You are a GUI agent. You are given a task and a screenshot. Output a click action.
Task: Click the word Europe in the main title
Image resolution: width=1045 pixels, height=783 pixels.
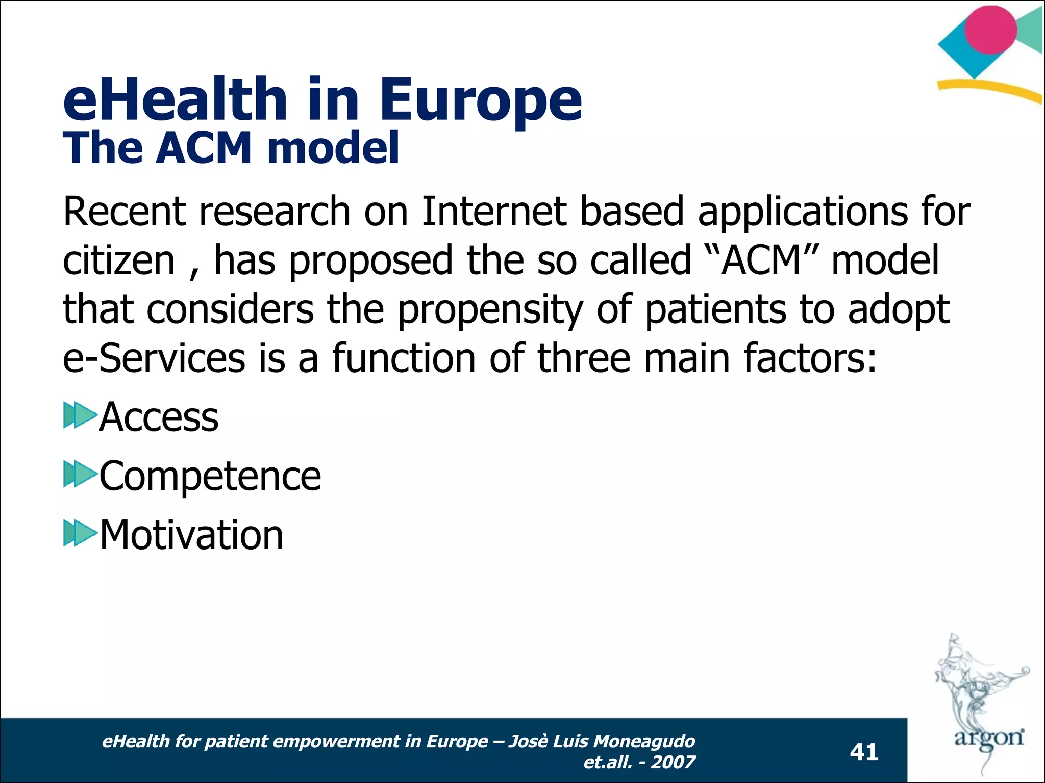pos(480,100)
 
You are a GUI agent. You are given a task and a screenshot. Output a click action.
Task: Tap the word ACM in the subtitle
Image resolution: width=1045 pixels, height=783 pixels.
pos(204,148)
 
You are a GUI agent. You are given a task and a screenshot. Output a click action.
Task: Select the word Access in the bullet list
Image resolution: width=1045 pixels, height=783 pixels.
pos(159,417)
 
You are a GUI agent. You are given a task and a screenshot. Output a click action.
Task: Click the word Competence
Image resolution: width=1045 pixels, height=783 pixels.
pos(210,476)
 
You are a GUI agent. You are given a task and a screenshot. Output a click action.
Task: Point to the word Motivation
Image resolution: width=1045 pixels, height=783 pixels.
pos(191,535)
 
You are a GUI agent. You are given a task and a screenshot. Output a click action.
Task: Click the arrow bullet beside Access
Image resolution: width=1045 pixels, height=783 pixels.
pos(80,415)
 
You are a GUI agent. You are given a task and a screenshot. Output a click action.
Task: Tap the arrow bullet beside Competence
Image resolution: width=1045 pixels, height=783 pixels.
pos(80,474)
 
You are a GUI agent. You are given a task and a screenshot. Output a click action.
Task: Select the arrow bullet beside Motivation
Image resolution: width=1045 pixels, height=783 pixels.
pos(80,533)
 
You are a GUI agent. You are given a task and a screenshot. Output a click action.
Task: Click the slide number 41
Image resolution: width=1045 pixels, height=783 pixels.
pos(864,752)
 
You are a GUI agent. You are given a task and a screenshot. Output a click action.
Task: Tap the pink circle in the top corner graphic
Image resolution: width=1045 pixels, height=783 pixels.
pos(990,30)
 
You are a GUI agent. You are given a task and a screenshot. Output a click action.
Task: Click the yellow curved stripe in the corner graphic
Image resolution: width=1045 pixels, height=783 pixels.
pos(990,90)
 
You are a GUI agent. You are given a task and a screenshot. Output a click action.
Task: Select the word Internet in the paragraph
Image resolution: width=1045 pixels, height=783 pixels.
pos(494,212)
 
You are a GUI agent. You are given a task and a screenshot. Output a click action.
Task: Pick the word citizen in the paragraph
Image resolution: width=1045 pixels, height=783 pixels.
pos(119,260)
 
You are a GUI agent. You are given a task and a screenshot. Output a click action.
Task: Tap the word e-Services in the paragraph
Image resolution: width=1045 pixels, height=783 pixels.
pos(154,358)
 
